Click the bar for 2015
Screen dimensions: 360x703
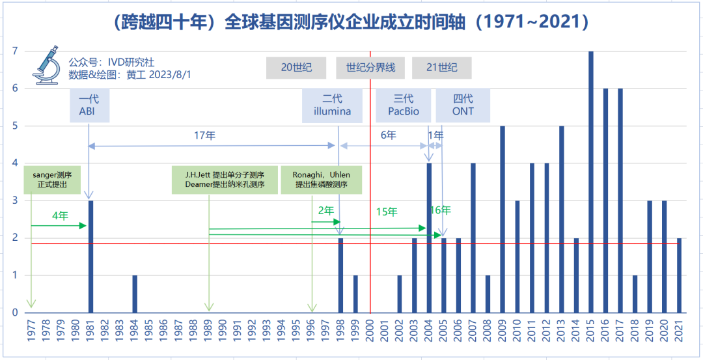click(x=591, y=182)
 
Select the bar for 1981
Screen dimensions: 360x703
click(x=90, y=256)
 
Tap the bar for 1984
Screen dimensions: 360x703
click(x=135, y=294)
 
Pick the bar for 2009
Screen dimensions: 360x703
click(x=503, y=219)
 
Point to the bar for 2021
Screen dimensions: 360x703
click(x=679, y=275)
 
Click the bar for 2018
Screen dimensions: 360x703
click(x=635, y=294)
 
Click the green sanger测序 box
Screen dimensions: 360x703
click(x=51, y=180)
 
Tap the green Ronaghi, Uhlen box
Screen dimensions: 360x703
click(x=321, y=180)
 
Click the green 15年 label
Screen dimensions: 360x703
click(x=387, y=212)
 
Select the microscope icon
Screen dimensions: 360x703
click(x=46, y=65)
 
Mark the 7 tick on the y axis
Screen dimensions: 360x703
click(x=14, y=51)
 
